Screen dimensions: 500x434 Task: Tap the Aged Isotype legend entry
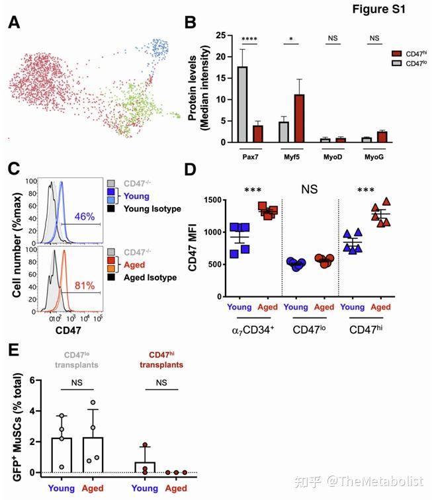click(147, 278)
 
